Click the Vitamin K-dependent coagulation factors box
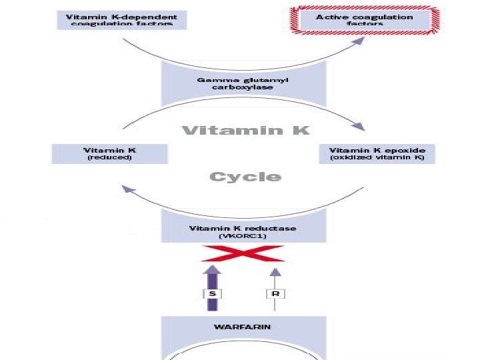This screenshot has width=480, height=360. point(122,19)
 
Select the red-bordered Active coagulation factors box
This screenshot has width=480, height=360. point(364,19)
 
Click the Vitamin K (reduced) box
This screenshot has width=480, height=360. point(110,154)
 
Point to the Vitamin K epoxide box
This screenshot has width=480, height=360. point(377,154)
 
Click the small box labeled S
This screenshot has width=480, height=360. point(211,293)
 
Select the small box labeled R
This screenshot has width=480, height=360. point(275,293)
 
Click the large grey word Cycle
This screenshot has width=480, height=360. point(245,177)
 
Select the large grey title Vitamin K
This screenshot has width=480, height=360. point(246,131)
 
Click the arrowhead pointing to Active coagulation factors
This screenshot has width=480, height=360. point(361,41)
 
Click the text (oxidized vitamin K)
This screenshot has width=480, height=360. point(377,158)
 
